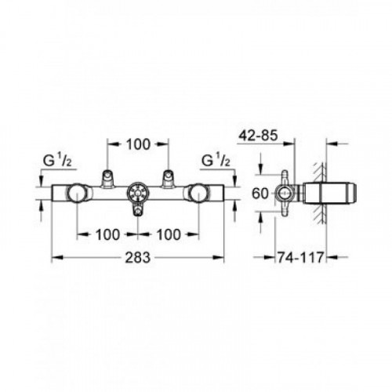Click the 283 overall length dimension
(138, 258)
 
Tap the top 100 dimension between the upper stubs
(138, 144)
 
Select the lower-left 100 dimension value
(107, 234)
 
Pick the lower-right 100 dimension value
(169, 234)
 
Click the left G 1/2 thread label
(57, 161)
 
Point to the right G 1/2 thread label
(216, 161)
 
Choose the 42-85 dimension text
(258, 136)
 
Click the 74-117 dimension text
(300, 257)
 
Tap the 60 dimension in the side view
(260, 194)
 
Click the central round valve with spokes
(138, 194)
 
